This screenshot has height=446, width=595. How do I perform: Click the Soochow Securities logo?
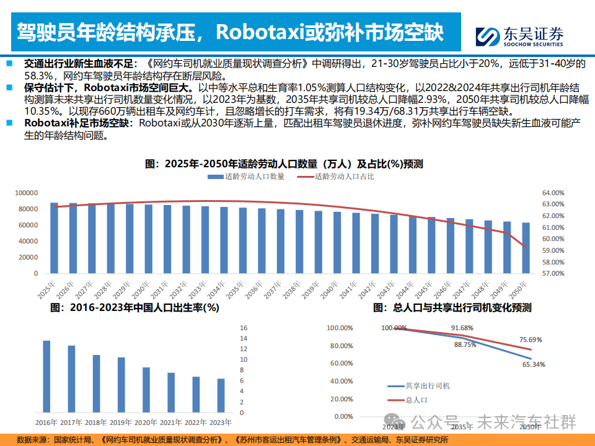519,37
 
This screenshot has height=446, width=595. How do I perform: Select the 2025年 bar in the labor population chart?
55,238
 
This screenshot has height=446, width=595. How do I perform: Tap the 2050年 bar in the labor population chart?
526,248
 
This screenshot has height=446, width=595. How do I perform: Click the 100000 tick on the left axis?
26,193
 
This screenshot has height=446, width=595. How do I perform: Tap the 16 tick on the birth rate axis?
244,328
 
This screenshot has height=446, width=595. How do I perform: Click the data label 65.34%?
534,365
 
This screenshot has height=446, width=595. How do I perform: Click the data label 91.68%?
462,328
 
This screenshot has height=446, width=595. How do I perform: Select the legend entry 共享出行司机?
428,386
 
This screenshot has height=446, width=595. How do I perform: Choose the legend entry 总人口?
416,401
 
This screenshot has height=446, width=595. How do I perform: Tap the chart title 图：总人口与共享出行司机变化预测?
452,307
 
